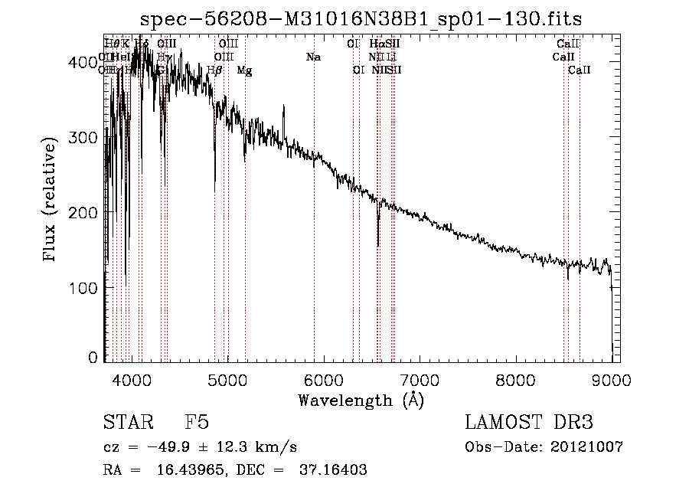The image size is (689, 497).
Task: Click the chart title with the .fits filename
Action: (x=367, y=18)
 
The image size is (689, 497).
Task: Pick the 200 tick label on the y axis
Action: (x=83, y=212)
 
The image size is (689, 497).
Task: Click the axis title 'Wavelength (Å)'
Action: (x=361, y=400)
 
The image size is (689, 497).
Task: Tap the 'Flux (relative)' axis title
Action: (x=51, y=201)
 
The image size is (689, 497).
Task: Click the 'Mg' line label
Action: (x=244, y=70)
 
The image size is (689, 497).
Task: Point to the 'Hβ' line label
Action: (x=215, y=70)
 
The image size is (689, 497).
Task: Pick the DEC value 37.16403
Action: (x=334, y=471)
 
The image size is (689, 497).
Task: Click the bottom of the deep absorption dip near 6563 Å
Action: (x=378, y=245)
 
